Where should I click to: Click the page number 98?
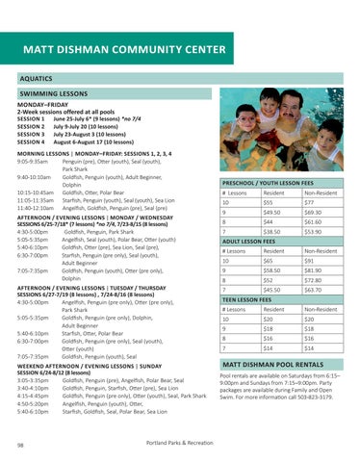21,446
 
